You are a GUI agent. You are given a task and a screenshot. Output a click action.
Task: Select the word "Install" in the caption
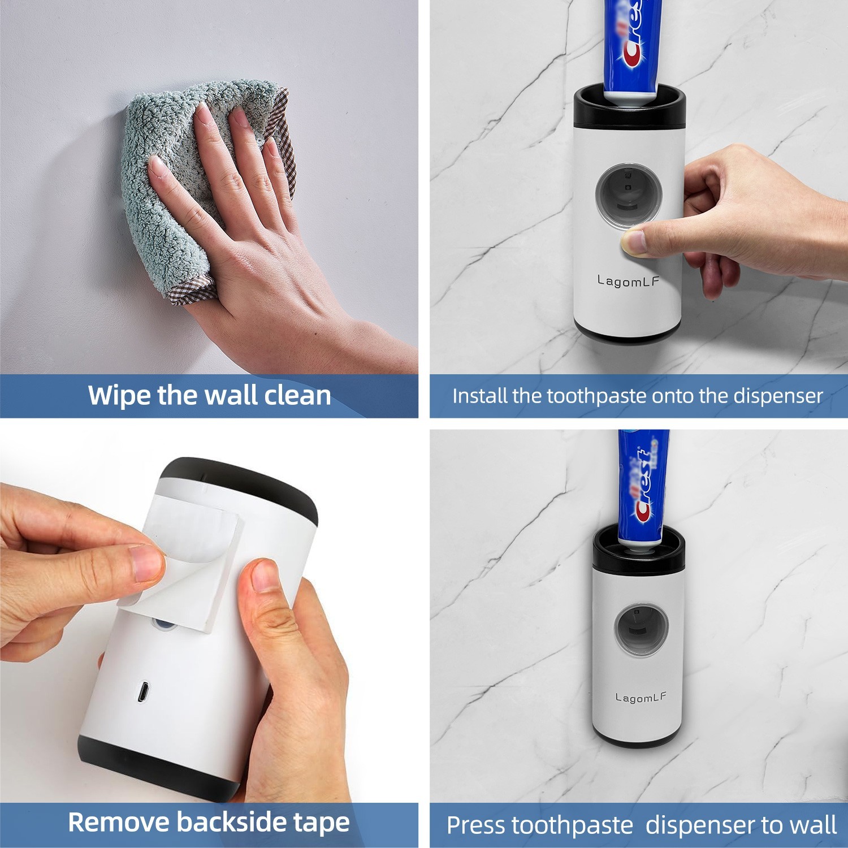pos(480,396)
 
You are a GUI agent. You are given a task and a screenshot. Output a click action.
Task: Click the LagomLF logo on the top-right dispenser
pos(628,281)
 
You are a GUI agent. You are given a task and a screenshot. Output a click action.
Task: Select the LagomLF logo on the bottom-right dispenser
pos(641,698)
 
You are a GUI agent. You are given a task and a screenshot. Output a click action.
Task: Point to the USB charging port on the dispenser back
pos(143,691)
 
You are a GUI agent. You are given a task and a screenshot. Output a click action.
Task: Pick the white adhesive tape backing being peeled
pos(181,571)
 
